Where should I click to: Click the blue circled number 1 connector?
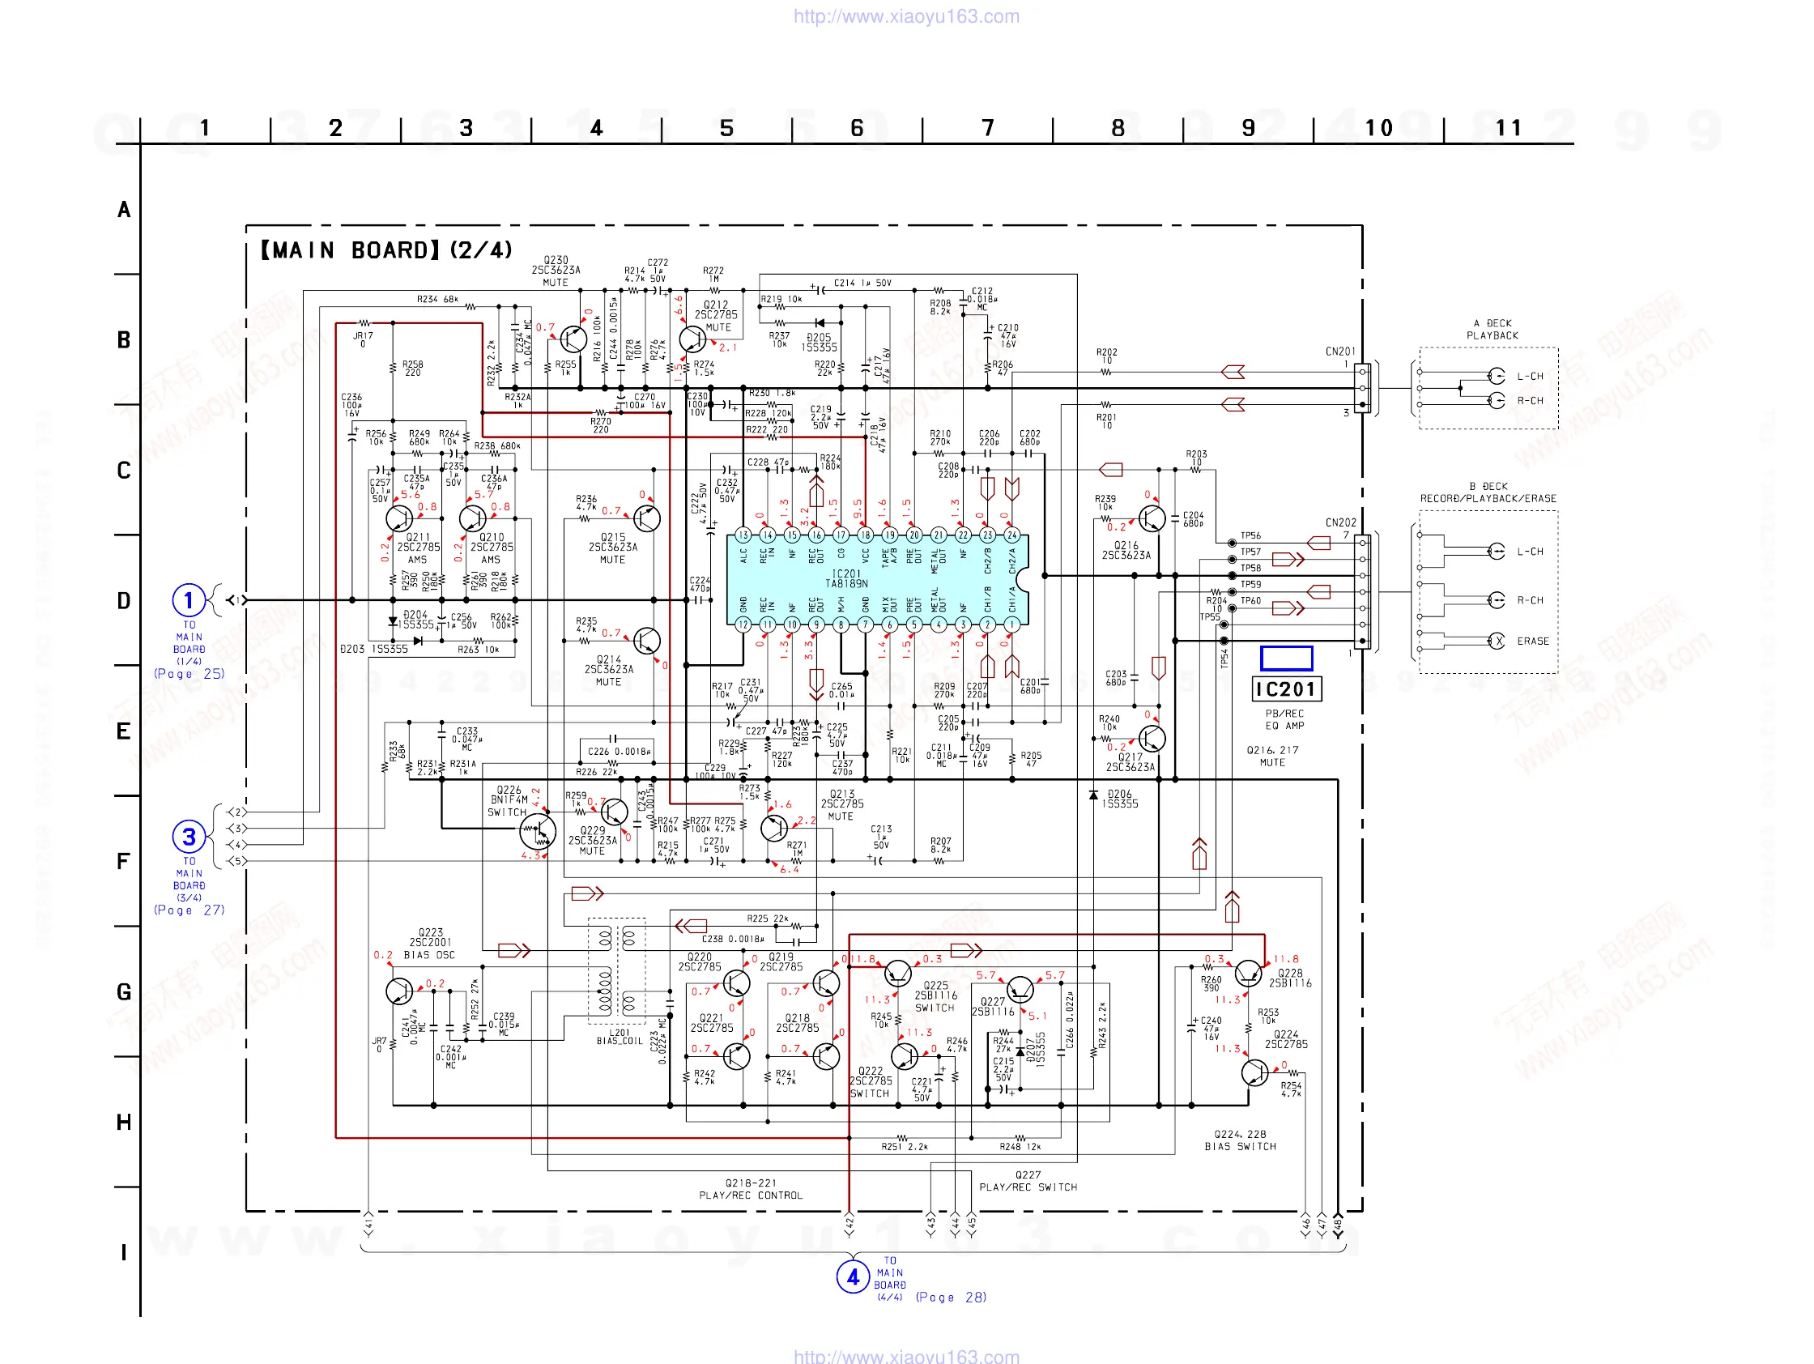tap(188, 600)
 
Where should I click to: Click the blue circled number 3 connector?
tap(189, 837)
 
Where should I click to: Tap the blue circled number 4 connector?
tap(852, 1277)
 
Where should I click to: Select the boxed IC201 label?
tap(1285, 689)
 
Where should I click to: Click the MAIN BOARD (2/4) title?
tap(386, 250)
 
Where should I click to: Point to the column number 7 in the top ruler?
tap(987, 128)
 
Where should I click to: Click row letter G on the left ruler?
tap(124, 992)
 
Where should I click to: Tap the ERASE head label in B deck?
tap(1532, 642)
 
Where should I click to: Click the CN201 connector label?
tap(1340, 352)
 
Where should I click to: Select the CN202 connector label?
tap(1340, 522)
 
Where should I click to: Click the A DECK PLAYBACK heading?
tap(1492, 330)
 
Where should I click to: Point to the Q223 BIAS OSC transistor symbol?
tap(399, 991)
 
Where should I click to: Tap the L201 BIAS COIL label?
tap(620, 1037)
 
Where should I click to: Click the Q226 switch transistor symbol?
tap(537, 832)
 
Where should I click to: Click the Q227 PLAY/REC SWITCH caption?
tap(1028, 1181)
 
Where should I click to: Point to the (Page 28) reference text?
tap(951, 1298)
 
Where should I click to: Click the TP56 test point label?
tap(1250, 535)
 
